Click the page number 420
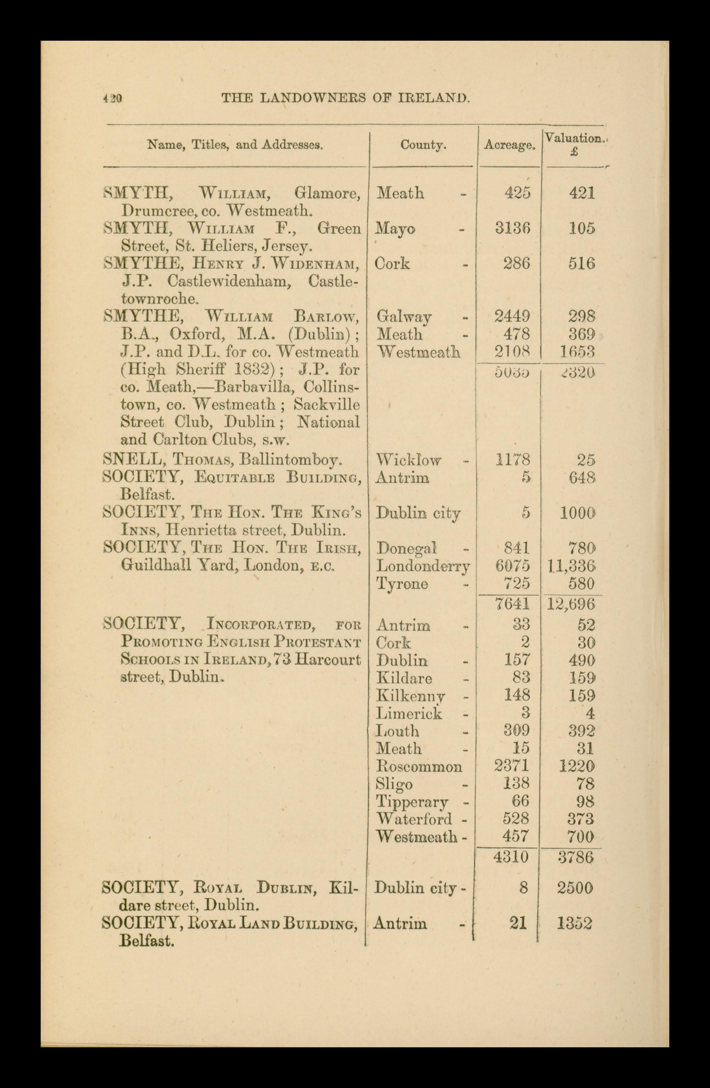pos(112,98)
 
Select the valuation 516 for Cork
pos(581,263)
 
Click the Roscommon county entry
pos(419,766)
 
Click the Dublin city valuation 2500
pos(575,888)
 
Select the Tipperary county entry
pos(412,801)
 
